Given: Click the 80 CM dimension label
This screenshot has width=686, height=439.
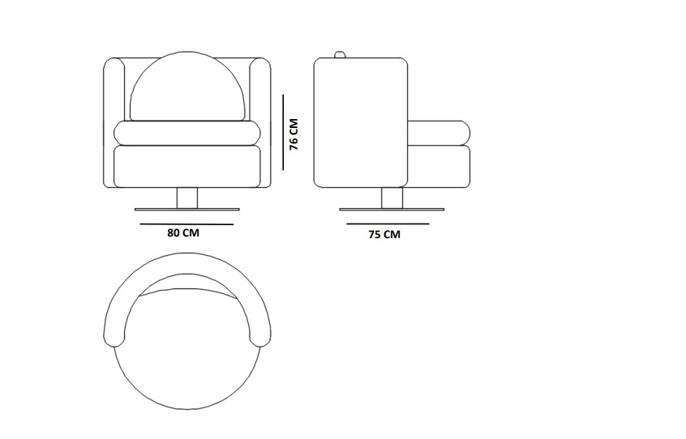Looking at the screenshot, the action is [183, 232].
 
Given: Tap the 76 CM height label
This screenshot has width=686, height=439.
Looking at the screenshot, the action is [294, 134].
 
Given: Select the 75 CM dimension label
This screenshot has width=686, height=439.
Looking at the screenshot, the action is [384, 235].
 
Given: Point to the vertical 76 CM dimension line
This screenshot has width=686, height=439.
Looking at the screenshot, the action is [283, 132].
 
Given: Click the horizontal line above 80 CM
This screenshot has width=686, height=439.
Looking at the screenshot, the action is [187, 224].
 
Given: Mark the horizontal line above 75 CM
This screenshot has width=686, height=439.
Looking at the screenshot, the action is [388, 224].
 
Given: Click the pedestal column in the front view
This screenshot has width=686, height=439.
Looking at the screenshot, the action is [187, 198].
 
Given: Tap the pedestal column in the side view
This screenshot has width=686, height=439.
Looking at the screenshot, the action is [392, 198].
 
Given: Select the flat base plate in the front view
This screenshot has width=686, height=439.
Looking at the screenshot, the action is [187, 210].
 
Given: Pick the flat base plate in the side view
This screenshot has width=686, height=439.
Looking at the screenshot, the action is [392, 210].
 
